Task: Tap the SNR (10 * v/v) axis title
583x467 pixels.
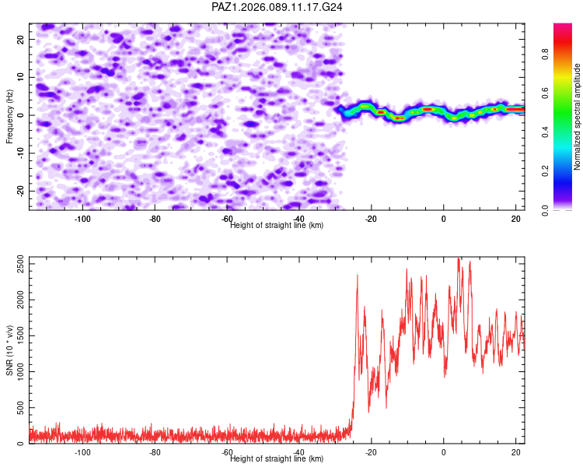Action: [x=9, y=351]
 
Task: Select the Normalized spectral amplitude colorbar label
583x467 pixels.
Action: [x=578, y=117]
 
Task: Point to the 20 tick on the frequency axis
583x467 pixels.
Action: [x=21, y=38]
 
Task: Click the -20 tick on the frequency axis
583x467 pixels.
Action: [x=19, y=191]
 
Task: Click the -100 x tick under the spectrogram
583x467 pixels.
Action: [x=82, y=219]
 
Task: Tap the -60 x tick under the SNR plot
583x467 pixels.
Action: [x=227, y=452]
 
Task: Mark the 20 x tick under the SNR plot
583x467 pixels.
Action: [x=516, y=452]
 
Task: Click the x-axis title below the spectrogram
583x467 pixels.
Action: [x=277, y=225]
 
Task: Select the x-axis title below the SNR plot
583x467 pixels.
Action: [x=277, y=458]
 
